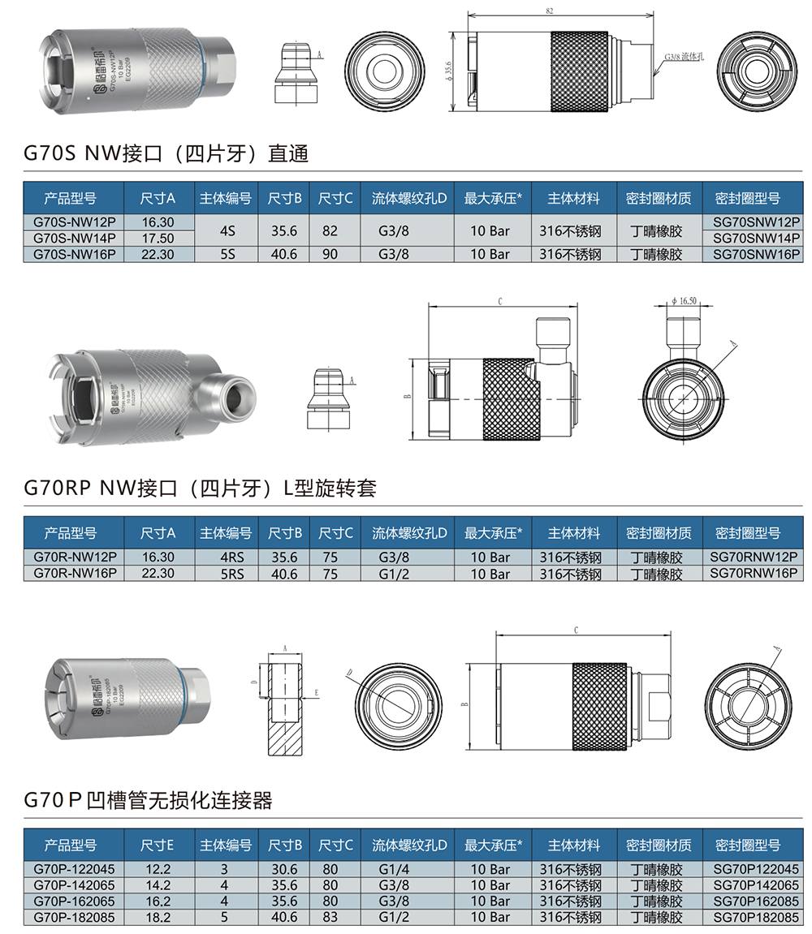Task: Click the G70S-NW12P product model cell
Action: (74, 222)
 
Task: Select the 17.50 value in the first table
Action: (158, 238)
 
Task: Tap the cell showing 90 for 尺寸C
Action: (330, 254)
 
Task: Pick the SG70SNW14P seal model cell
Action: (757, 238)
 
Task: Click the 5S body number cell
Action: (227, 254)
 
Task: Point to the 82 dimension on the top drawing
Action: (550, 11)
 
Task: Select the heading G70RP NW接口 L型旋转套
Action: (200, 488)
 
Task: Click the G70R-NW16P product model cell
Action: (74, 573)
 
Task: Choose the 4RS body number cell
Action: (227, 557)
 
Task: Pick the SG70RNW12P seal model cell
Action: (754, 557)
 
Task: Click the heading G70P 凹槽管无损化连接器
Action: (148, 800)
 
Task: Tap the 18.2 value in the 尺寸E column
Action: (158, 917)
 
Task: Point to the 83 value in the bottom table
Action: (330, 917)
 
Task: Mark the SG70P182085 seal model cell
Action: (756, 917)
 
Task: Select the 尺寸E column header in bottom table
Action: (158, 845)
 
